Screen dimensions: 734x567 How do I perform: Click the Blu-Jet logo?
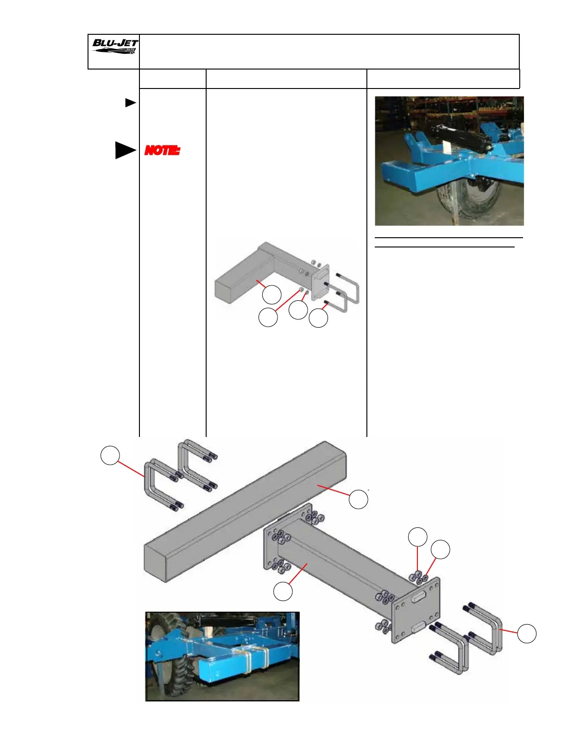pos(114,47)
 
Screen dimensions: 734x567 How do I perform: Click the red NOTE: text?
pos(162,150)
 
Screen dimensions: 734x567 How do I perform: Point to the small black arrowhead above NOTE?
pos(130,102)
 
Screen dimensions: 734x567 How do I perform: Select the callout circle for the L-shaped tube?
pos(271,294)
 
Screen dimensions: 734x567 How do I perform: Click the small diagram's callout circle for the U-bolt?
pos(318,318)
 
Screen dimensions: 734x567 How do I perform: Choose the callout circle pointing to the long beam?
pos(358,499)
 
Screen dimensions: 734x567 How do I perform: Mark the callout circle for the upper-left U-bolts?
pos(110,455)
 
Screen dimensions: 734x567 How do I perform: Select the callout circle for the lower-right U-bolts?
pos(527,633)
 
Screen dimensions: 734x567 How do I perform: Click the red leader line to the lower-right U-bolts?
pos(509,631)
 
